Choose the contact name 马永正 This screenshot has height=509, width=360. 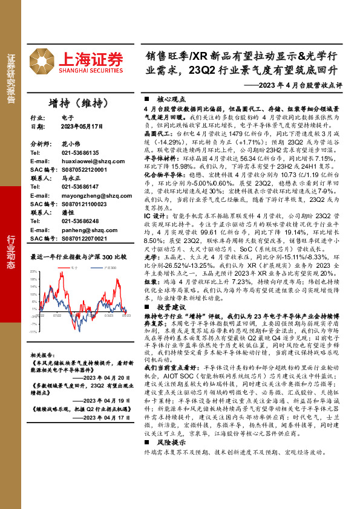(71, 179)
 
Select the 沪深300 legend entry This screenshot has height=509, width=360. (109, 266)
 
